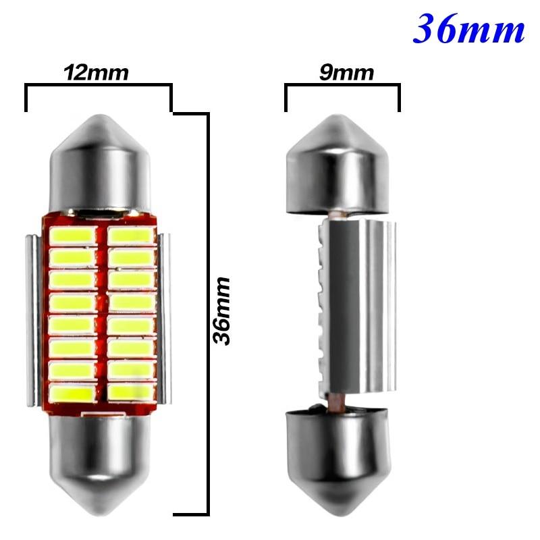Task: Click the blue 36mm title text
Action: pos(469,28)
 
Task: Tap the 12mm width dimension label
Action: pos(97,72)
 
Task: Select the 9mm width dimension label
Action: pos(342,72)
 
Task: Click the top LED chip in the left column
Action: pos(72,235)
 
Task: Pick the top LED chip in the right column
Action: pos(132,235)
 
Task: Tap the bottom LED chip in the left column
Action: pos(72,391)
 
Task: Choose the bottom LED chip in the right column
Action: pos(132,391)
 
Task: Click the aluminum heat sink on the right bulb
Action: pos(358,310)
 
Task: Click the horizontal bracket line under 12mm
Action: pos(99,86)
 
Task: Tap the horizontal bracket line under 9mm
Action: pos(342,86)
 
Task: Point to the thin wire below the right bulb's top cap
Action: pos(333,215)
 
